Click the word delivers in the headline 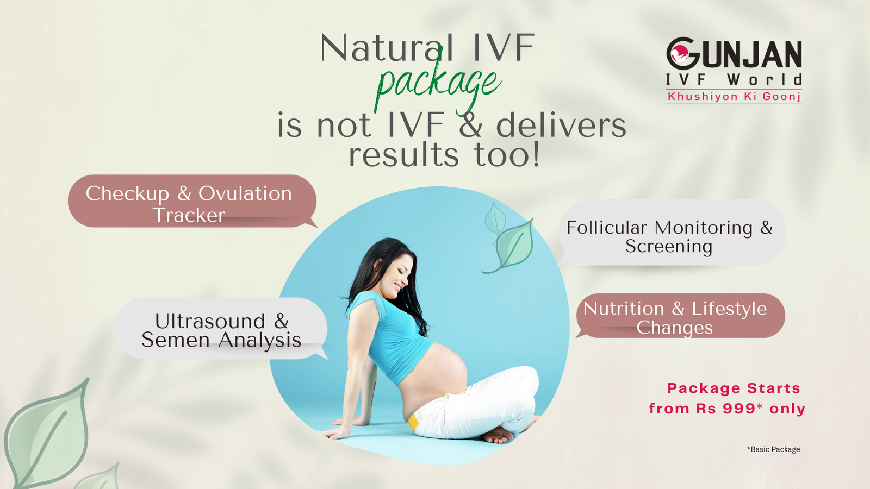(561, 126)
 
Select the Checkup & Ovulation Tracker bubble (192, 201)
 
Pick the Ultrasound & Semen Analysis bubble (222, 329)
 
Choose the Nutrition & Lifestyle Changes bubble (680, 316)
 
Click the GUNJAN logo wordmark (734, 54)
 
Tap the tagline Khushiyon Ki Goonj (734, 97)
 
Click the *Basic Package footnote (773, 449)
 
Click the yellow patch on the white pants (413, 422)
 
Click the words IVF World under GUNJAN (734, 79)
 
